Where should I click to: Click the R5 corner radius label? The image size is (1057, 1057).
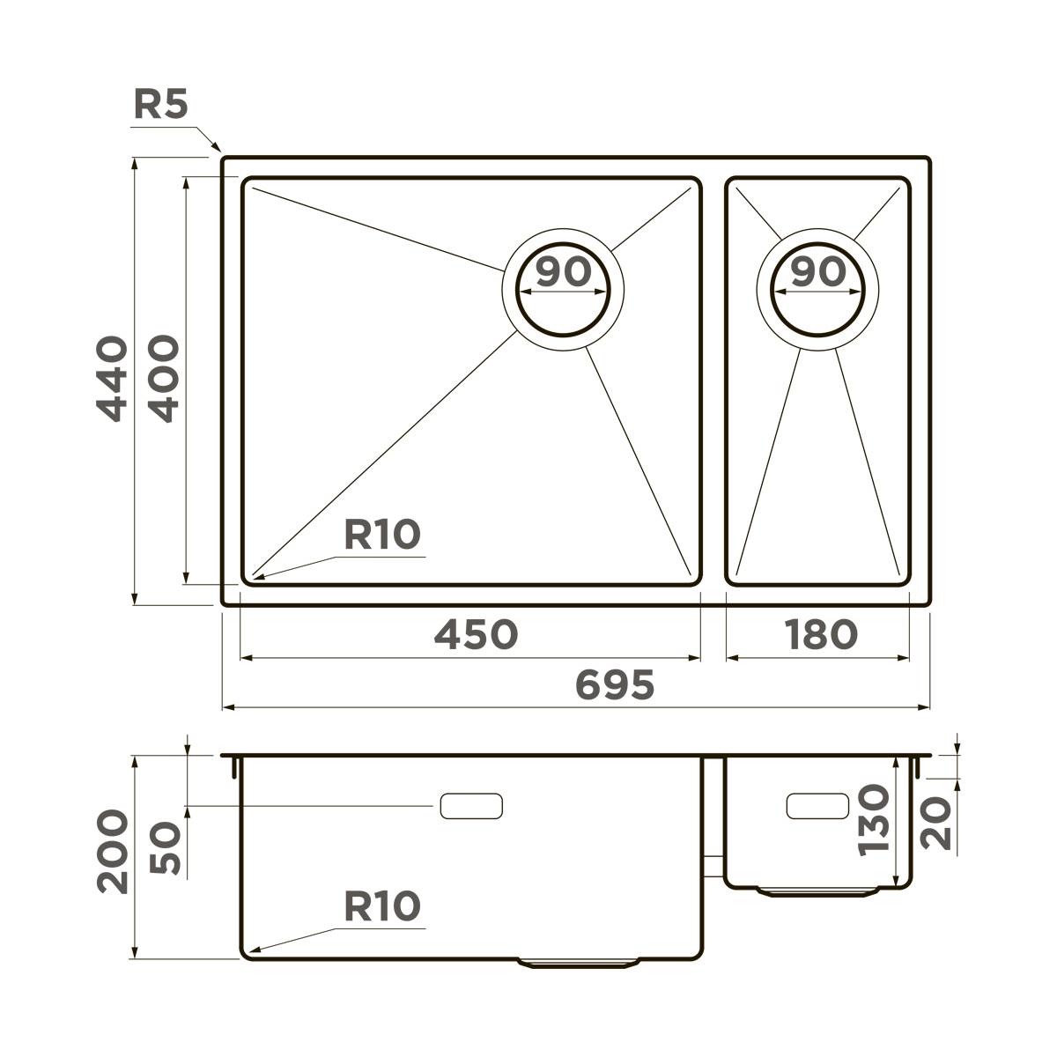point(160,105)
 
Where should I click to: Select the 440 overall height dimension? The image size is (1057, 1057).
point(111,379)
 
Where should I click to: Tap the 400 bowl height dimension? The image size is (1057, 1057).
point(163,379)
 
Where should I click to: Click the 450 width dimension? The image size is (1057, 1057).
point(476,633)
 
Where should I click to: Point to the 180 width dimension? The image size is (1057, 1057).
point(819,633)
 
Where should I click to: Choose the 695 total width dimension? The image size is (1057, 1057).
point(615,684)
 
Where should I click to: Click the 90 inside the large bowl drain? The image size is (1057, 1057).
point(563,272)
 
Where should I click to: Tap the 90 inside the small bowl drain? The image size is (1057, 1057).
point(817,272)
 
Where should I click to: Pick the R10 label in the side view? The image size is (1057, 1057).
point(381,905)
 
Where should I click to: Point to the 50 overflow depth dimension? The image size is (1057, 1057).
point(165,849)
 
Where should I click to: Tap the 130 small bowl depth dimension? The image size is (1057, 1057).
point(873,820)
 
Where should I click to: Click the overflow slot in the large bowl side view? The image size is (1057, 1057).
point(471,805)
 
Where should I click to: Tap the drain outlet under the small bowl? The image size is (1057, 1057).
point(818,892)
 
